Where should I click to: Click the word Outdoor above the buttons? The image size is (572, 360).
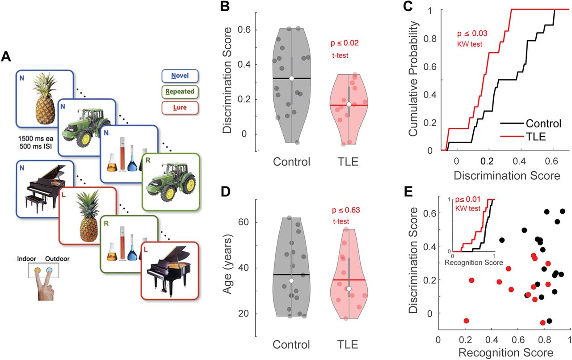coord(57,258)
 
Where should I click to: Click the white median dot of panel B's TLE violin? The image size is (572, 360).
coord(349,104)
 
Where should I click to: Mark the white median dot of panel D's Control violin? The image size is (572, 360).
coord(291,280)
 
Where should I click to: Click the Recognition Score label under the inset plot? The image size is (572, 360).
coord(474,262)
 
